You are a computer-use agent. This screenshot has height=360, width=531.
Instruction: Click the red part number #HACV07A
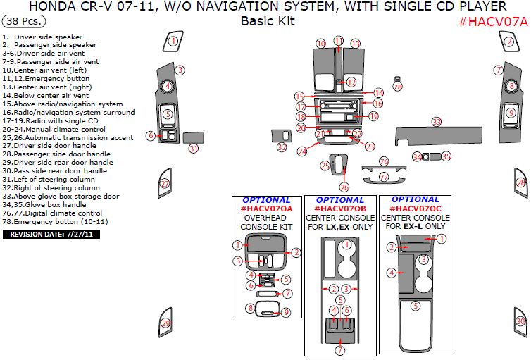492,21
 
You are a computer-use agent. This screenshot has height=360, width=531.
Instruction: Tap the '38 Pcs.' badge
22,22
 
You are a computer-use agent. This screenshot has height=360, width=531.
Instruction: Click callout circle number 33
437,122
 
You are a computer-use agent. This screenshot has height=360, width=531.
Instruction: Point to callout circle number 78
398,87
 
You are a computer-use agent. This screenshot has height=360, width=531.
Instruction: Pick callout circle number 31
194,149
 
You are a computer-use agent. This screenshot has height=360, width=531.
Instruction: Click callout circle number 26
344,187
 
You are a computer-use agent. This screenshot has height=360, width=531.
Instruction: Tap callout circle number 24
302,151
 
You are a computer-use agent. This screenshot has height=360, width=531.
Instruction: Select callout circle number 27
165,184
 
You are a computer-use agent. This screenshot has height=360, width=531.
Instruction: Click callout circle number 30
520,321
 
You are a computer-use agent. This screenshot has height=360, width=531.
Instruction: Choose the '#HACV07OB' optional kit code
340,209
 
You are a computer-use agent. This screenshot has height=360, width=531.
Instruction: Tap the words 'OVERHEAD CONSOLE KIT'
266,223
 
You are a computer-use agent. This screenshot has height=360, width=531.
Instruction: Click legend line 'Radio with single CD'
49,121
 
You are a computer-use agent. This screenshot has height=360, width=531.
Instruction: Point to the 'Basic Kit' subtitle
267,21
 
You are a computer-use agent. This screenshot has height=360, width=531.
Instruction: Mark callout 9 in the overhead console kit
287,312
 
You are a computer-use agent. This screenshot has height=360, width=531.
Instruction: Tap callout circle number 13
355,44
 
